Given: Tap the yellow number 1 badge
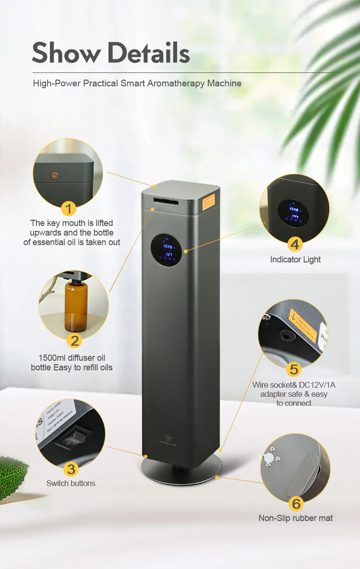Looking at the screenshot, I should coord(69,209).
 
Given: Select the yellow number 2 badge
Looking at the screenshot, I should coord(74,341).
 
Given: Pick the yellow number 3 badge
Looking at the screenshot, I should coord(71,469).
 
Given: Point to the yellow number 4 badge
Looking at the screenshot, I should coord(295,244).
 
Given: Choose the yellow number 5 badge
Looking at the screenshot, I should coord(293,369).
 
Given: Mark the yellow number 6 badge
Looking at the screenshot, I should coord(296,503).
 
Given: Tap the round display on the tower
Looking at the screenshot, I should coord(167,250).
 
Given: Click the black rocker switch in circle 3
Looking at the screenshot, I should coord(64,442).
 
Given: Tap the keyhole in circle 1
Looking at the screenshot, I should coord(54,176).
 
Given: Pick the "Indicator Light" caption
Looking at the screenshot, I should coord(295,260).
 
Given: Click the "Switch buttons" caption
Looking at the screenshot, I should coord(71,483).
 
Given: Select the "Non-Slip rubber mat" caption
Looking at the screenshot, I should coord(295,518).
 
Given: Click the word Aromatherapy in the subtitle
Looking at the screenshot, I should coord(176,83).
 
